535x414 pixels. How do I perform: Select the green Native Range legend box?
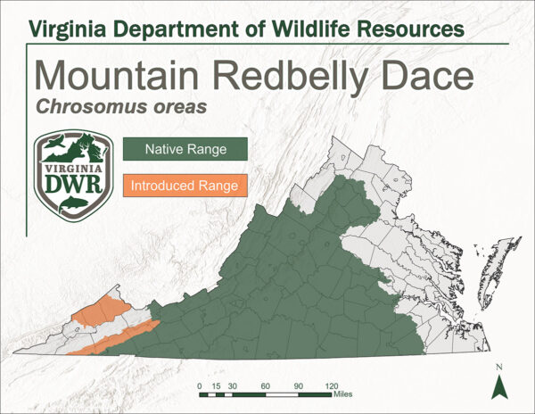(x=185, y=148)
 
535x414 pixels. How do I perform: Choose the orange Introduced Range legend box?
(x=184, y=186)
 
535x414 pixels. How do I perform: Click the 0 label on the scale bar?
(x=200, y=385)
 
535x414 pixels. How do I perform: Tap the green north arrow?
(x=499, y=386)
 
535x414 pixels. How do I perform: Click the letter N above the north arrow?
(x=499, y=367)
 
